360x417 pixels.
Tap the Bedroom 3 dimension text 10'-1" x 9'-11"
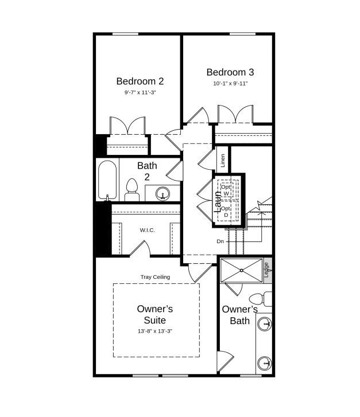(x=230, y=83)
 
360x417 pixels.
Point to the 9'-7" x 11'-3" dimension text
(x=140, y=92)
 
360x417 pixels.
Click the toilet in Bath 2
(x=132, y=190)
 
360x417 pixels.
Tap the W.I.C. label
(x=148, y=230)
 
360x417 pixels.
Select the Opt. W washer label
(x=226, y=190)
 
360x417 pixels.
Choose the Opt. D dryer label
(x=226, y=212)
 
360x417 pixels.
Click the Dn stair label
(x=220, y=241)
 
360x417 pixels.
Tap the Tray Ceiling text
(x=155, y=277)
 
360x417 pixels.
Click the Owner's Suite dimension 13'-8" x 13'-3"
(x=155, y=331)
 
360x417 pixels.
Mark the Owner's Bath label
(x=239, y=315)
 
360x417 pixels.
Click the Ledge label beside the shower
(x=266, y=270)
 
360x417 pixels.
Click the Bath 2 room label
(x=147, y=171)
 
